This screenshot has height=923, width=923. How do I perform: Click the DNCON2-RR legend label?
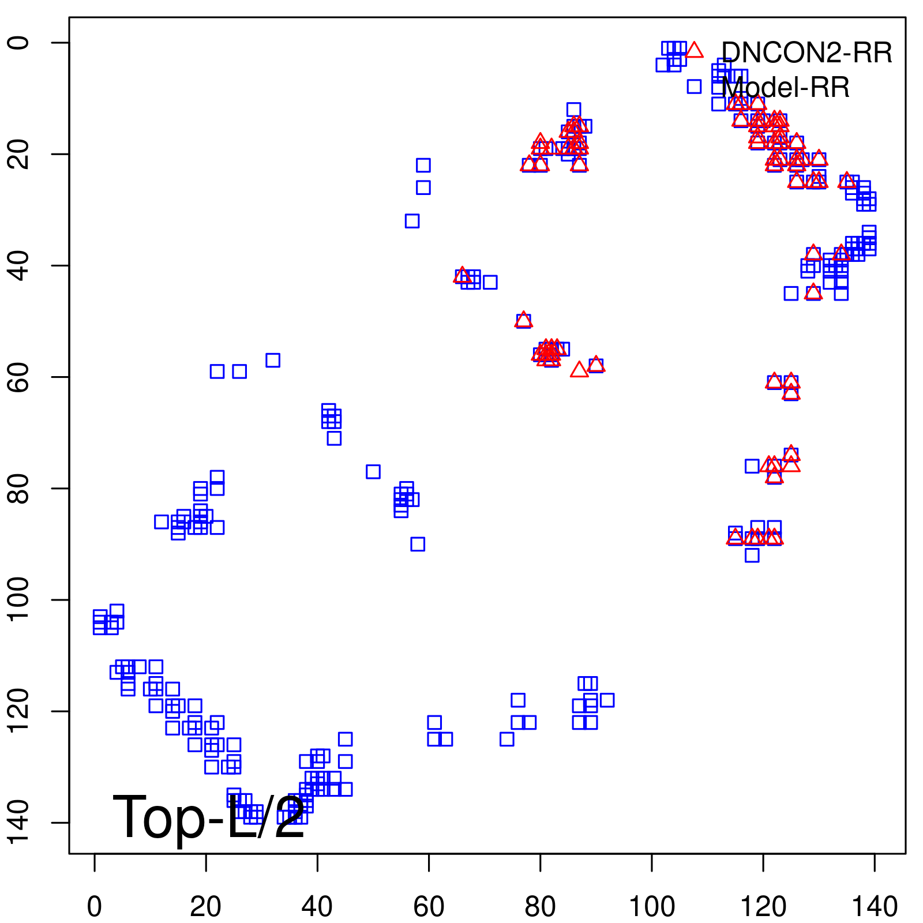click(x=806, y=53)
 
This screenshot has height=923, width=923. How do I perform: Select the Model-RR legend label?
click(x=786, y=88)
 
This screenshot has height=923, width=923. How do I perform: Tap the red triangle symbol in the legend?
click(x=695, y=50)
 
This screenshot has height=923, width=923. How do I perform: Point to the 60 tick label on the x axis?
click(x=429, y=906)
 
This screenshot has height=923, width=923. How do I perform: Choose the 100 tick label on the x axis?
click(x=651, y=906)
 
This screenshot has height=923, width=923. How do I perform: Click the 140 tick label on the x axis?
click(x=875, y=906)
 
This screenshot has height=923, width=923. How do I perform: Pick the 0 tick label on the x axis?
click(x=94, y=906)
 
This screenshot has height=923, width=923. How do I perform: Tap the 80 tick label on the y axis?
click(x=20, y=488)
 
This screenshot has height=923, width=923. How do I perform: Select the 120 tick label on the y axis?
click(x=20, y=711)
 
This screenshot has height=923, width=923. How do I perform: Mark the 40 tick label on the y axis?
click(x=20, y=265)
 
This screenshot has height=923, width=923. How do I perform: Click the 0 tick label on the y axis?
click(x=20, y=43)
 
